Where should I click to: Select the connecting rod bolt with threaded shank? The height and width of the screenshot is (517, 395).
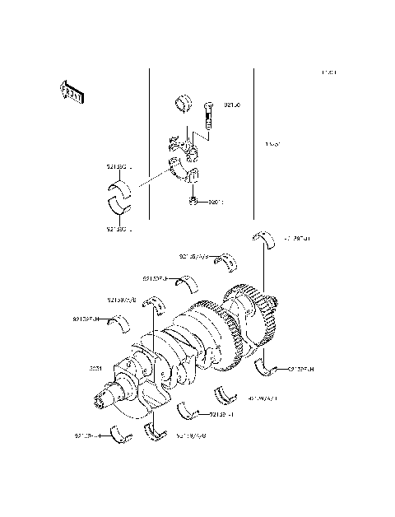pos(208,116)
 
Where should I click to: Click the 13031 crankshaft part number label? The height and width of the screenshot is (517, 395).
pos(96,369)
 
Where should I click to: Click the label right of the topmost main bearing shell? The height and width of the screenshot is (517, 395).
pos(299,238)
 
